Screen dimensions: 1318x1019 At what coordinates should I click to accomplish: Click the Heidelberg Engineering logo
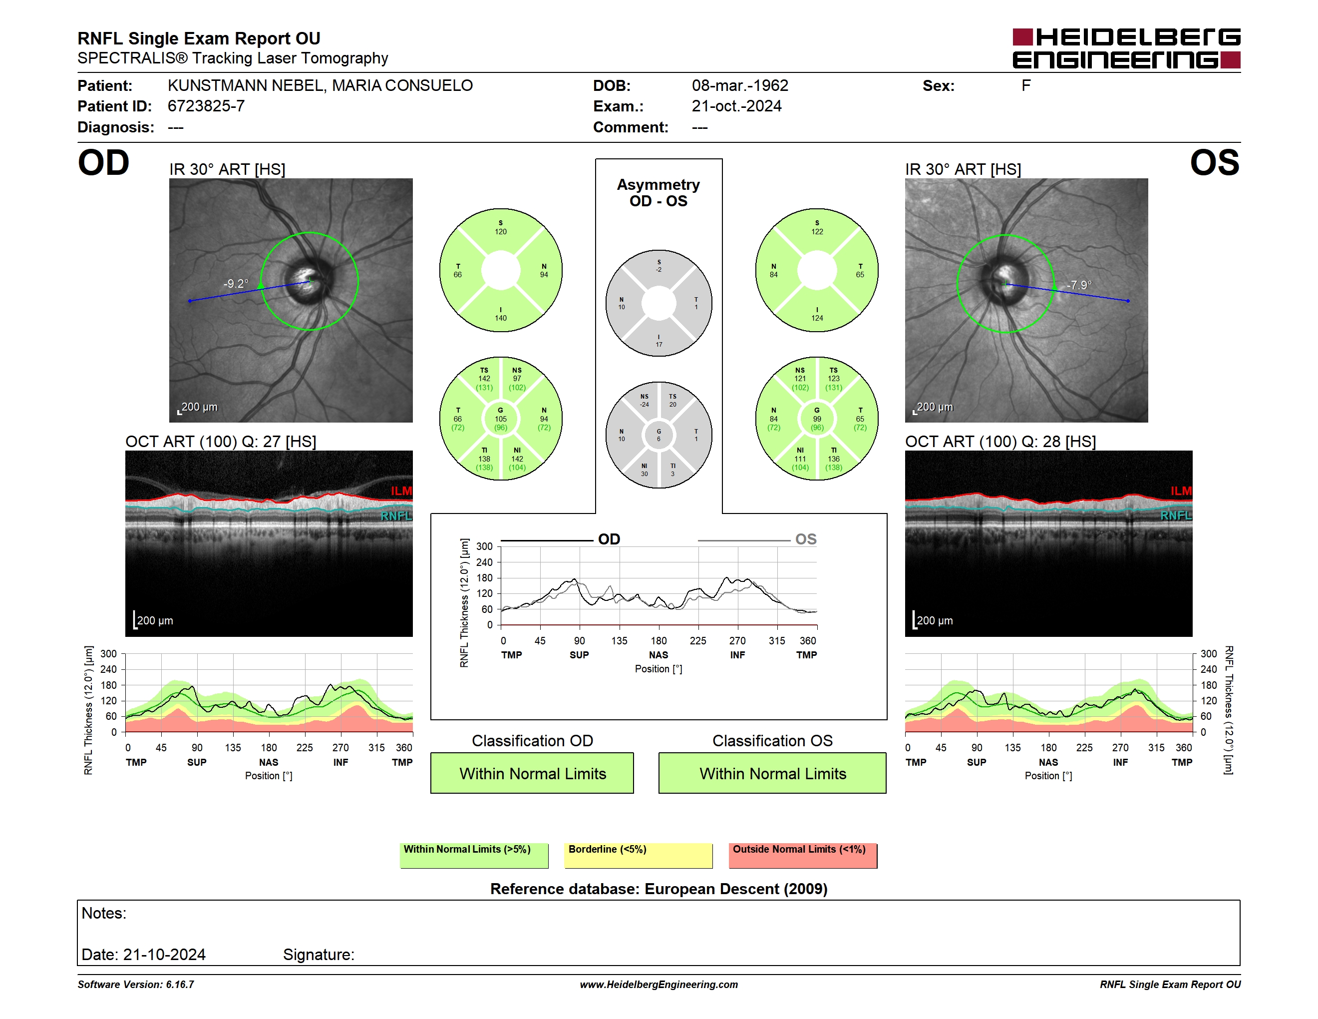1126,48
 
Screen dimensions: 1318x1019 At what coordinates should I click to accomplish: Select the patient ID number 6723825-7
206,106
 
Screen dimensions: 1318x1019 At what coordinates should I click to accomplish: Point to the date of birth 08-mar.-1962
740,86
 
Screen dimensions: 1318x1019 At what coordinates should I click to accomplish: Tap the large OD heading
103,162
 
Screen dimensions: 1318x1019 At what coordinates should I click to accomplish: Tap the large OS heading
1214,162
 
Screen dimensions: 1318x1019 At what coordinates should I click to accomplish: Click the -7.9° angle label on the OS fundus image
1079,285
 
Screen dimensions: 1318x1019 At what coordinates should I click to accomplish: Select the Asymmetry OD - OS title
659,193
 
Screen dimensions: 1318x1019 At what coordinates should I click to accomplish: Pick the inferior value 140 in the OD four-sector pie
501,318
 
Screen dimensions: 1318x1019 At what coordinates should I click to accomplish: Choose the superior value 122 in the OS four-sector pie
817,232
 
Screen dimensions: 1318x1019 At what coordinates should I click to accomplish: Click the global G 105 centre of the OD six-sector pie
501,419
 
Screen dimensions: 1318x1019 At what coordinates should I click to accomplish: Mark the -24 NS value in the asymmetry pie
645,405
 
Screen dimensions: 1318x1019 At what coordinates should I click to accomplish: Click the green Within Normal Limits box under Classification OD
532,773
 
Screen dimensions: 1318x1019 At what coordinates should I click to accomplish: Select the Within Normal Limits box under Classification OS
772,773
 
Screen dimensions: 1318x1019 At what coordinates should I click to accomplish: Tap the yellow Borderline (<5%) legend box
639,855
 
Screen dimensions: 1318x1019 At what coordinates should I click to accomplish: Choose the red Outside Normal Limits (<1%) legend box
803,855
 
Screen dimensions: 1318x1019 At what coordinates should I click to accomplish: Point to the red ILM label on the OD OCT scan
401,491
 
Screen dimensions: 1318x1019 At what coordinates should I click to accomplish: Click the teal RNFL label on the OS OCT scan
1176,515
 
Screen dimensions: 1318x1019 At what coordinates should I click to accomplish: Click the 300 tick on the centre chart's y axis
485,547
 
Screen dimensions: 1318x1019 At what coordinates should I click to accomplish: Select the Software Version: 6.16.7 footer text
136,985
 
